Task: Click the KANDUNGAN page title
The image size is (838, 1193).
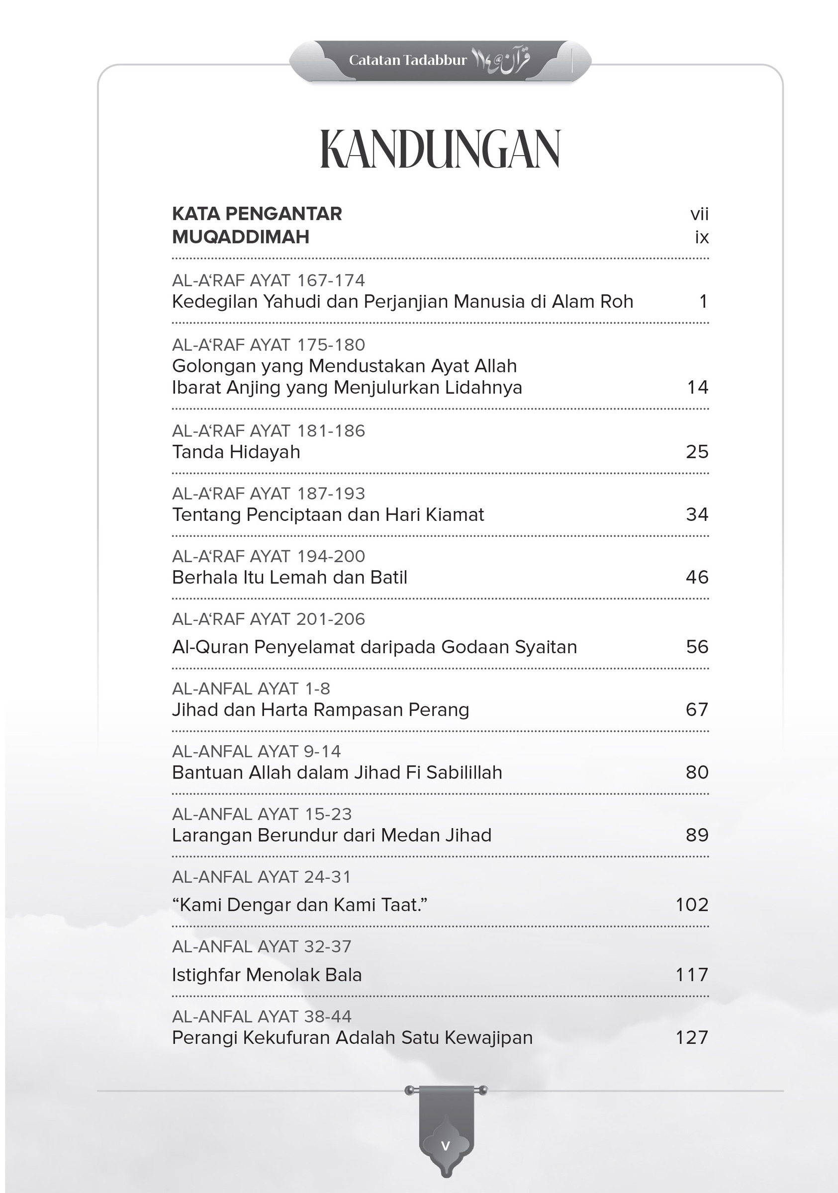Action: (440, 149)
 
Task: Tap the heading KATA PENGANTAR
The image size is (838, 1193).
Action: (257, 214)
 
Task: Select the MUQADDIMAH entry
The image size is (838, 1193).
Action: (240, 237)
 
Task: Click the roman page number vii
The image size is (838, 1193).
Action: (699, 214)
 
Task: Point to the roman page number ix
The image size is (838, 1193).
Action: (702, 237)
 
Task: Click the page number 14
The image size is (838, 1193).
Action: (697, 387)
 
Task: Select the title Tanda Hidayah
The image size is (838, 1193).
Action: (236, 452)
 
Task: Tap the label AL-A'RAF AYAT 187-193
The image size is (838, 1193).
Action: (268, 493)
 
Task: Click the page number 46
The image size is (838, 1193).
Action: (697, 577)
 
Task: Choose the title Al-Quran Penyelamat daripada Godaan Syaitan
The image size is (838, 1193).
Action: (374, 647)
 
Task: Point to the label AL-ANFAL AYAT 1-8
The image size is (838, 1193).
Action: (251, 688)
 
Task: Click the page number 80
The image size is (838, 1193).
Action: (697, 772)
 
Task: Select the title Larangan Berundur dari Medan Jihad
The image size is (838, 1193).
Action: (332, 835)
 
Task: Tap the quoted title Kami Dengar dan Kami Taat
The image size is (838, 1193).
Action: (299, 905)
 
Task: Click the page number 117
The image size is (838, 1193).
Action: (692, 975)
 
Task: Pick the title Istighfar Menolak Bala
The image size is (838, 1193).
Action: (267, 975)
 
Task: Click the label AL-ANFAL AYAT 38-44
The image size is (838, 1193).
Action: (262, 1016)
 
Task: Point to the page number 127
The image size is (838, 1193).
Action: (692, 1037)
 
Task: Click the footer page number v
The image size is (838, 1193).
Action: (445, 1145)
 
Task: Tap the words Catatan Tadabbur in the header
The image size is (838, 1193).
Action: (408, 60)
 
